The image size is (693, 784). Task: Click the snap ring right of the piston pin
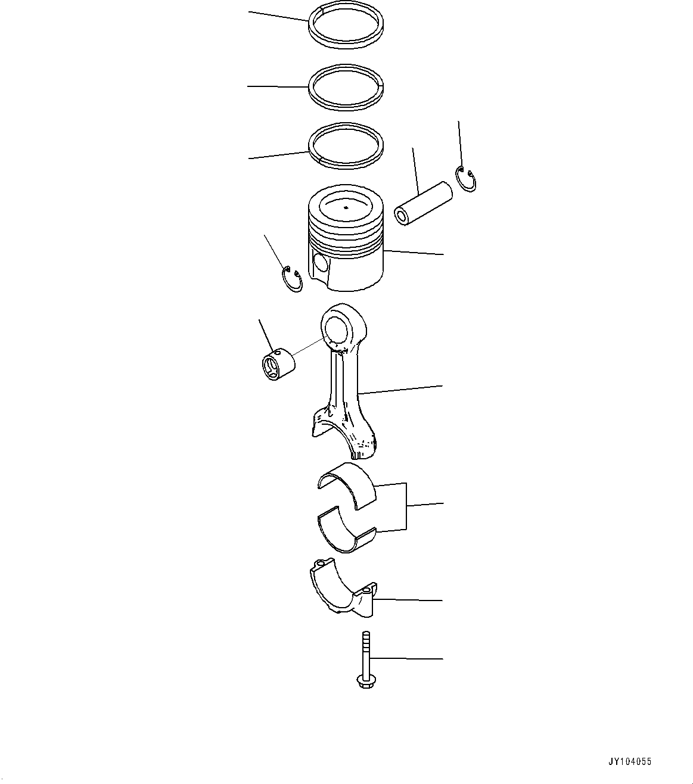(x=465, y=179)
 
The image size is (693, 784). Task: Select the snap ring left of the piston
(x=292, y=279)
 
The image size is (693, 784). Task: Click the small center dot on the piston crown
(x=346, y=207)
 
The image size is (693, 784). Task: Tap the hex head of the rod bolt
(x=365, y=680)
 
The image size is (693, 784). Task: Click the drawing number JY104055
(x=630, y=761)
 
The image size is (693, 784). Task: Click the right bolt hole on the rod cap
(x=366, y=592)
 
